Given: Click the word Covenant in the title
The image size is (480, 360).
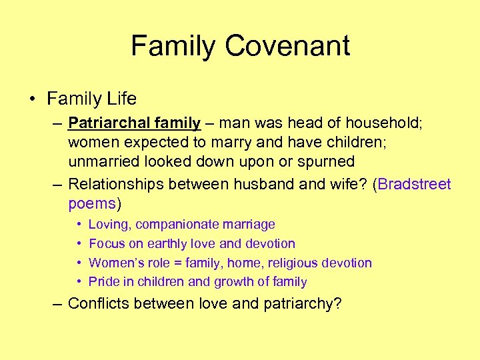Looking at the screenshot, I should tap(287, 46).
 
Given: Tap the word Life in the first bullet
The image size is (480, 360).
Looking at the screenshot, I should tap(121, 99).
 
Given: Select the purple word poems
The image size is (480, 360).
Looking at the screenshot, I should tap(92, 203).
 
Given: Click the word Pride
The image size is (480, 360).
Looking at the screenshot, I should tap(103, 281).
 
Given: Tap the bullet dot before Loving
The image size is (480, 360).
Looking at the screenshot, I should tap(79, 225).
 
